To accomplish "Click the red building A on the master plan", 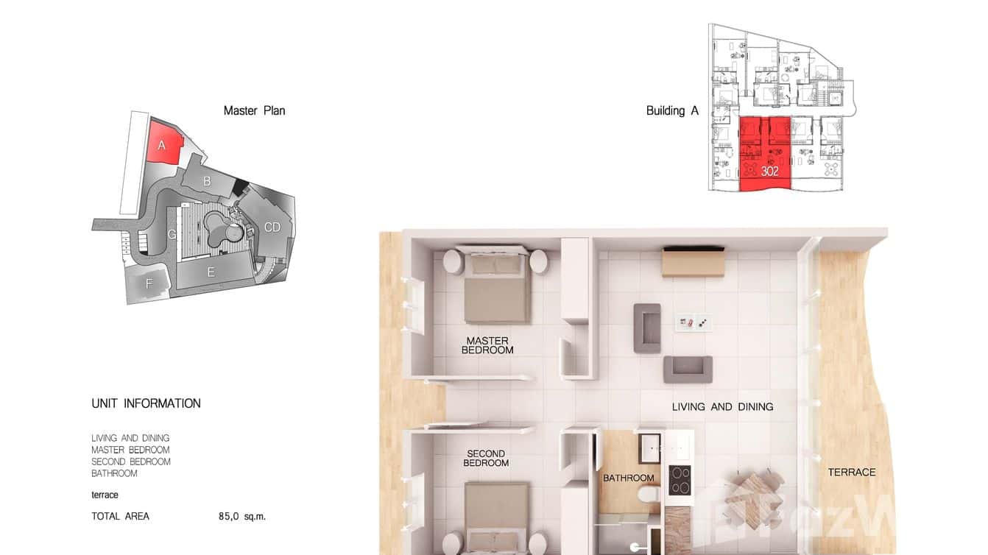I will point(164,143).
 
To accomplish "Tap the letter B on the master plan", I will point(208,180).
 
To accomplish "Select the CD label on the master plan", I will point(272,227).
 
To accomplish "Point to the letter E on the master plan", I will point(211,272).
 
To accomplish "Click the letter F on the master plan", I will point(149,283).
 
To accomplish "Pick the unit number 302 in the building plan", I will point(770,172).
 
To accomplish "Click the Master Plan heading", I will point(254,110).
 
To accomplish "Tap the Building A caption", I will point(671,110).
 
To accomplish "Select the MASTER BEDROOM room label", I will point(487,345).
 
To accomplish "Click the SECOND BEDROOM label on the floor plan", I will point(486,458).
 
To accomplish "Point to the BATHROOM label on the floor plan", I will point(629,478).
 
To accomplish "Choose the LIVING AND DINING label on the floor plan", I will point(722,406).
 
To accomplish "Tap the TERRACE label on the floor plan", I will point(852,472).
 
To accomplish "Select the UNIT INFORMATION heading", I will point(146,403).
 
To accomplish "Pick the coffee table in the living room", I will point(694,322).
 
